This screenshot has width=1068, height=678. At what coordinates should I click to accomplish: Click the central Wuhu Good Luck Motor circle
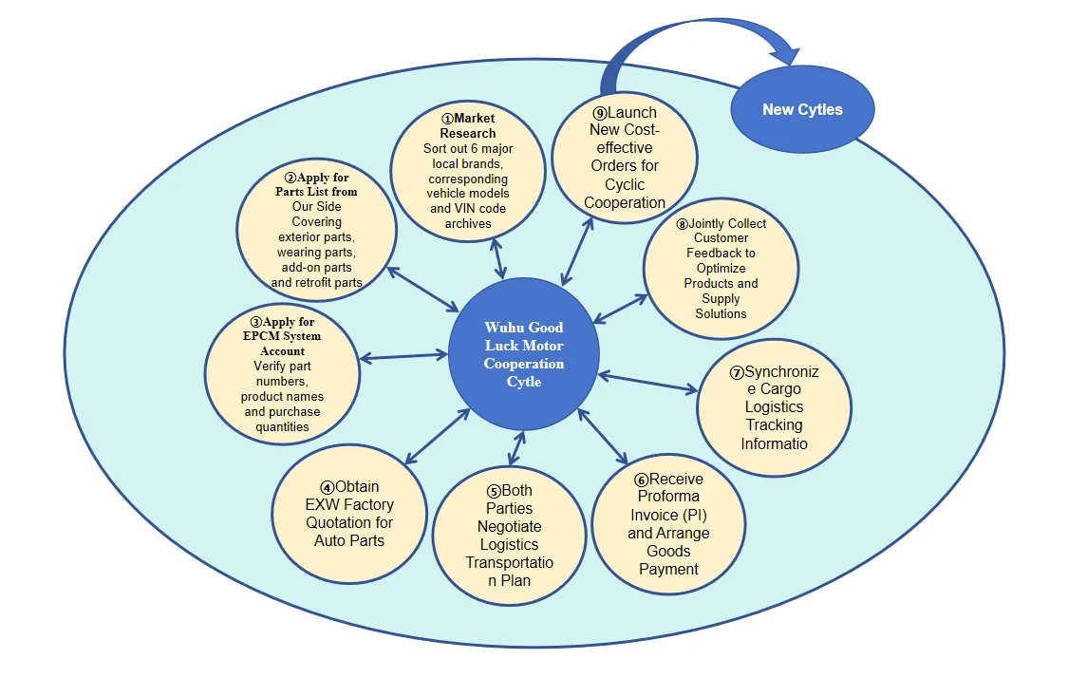523,353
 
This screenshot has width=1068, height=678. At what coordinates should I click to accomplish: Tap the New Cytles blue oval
802,109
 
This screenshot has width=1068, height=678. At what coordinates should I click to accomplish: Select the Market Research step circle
468,171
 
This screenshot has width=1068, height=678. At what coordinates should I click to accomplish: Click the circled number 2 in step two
290,178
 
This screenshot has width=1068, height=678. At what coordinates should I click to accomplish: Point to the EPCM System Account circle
282,374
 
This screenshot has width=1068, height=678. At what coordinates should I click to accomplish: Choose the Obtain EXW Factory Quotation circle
349,514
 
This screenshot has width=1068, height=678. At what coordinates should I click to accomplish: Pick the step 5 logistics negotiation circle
510,536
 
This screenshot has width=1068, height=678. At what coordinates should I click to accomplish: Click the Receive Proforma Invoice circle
669,524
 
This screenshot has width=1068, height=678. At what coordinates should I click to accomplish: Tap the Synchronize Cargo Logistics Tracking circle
775,407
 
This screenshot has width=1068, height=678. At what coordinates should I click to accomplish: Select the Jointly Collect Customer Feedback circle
721,269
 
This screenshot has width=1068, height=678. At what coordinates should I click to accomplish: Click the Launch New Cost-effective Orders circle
625,158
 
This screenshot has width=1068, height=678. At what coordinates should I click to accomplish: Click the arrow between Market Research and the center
497,258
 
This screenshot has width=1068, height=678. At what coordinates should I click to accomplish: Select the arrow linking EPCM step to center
403,356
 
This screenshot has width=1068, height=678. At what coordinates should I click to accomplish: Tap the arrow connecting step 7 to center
647,382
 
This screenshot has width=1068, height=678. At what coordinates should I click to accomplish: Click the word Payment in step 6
669,569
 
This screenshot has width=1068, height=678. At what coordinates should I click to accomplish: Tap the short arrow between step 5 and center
517,448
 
